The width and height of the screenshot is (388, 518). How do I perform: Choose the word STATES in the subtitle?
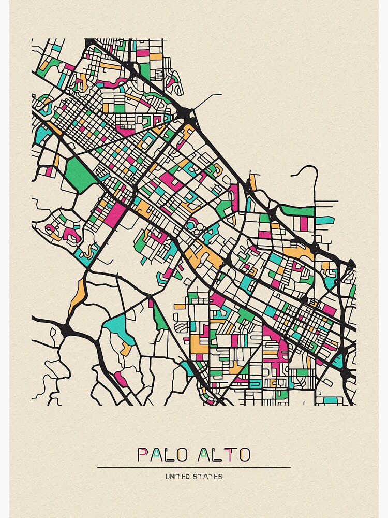tap(209, 477)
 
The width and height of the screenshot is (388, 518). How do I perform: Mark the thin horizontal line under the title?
tap(194, 467)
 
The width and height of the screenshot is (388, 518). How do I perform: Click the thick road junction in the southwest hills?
tap(66, 329)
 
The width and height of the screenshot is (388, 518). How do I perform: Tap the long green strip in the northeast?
tap(298, 211)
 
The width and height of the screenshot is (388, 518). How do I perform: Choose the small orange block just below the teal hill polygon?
tap(126, 349)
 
